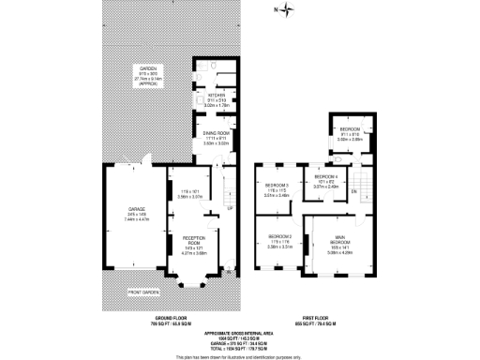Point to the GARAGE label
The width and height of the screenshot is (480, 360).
coord(124,209)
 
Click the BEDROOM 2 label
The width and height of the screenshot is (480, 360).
coord(280,235)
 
